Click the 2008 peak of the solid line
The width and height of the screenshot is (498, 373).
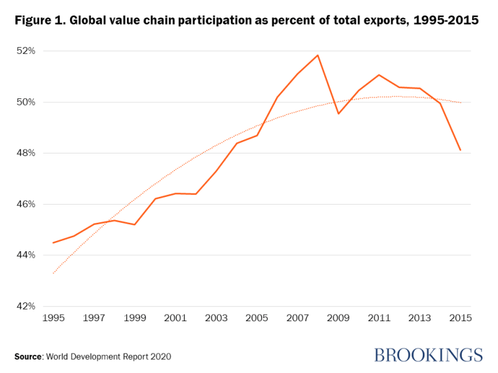(318, 55)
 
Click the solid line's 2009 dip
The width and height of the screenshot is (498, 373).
(338, 114)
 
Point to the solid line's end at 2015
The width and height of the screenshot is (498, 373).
(460, 150)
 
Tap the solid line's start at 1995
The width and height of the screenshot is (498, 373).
(53, 243)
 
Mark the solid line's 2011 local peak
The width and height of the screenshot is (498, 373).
(379, 74)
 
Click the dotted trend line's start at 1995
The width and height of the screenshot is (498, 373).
(53, 273)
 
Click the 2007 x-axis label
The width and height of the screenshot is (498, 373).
(297, 319)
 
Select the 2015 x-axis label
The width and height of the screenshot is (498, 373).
(460, 319)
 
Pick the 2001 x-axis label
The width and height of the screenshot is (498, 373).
(175, 319)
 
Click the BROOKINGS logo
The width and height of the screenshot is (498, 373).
(428, 355)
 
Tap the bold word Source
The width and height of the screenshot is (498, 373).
(29, 356)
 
